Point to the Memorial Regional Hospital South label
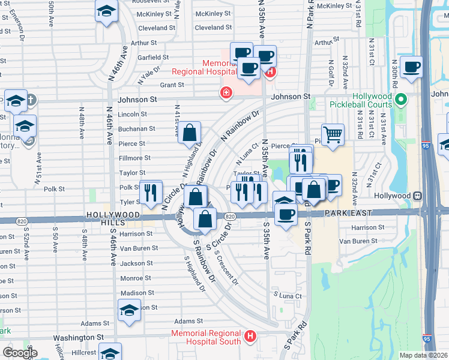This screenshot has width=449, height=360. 206,338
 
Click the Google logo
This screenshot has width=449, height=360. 20,352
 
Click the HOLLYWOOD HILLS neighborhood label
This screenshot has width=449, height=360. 113,218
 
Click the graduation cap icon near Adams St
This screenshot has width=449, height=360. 129,310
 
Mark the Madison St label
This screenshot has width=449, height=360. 137,293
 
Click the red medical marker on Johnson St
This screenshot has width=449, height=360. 226,92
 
